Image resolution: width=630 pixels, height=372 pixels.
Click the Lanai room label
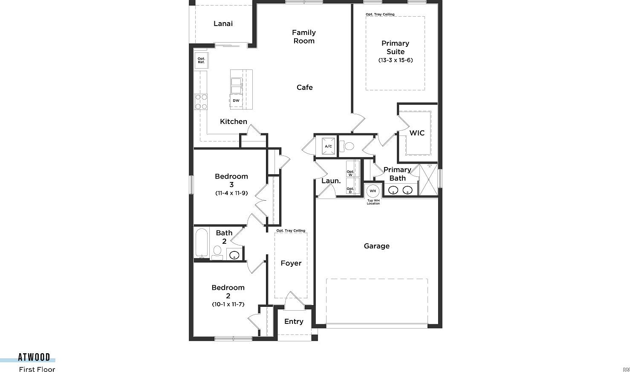tap(223, 24)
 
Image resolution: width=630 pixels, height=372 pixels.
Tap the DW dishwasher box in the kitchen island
tap(236, 101)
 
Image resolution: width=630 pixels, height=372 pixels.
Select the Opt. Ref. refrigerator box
tap(201, 61)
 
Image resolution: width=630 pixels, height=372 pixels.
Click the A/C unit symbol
tap(328, 146)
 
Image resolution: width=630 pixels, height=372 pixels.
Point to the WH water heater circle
tap(373, 191)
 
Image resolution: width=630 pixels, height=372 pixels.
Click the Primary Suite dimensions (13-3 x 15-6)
tap(396, 60)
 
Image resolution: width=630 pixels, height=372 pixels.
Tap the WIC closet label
tap(417, 133)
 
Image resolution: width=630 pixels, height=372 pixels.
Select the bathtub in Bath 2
tap(201, 243)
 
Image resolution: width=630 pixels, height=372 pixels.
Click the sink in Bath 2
tap(234, 255)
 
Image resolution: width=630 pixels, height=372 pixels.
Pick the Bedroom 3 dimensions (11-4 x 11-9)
tap(231, 193)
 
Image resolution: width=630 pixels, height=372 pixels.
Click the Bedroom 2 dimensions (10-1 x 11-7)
tap(228, 304)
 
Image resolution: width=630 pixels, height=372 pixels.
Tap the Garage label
tap(376, 246)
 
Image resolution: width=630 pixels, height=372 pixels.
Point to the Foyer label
tap(291, 263)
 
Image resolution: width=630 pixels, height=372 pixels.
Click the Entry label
tap(294, 322)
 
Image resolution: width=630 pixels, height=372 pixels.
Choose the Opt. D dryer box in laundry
tap(350, 190)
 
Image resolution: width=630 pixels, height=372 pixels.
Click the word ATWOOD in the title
tap(34, 357)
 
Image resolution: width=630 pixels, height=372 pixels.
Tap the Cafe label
tap(304, 87)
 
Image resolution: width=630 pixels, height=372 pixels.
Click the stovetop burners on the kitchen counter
tap(201, 102)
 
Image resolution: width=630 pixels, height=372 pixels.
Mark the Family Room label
tap(303, 37)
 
